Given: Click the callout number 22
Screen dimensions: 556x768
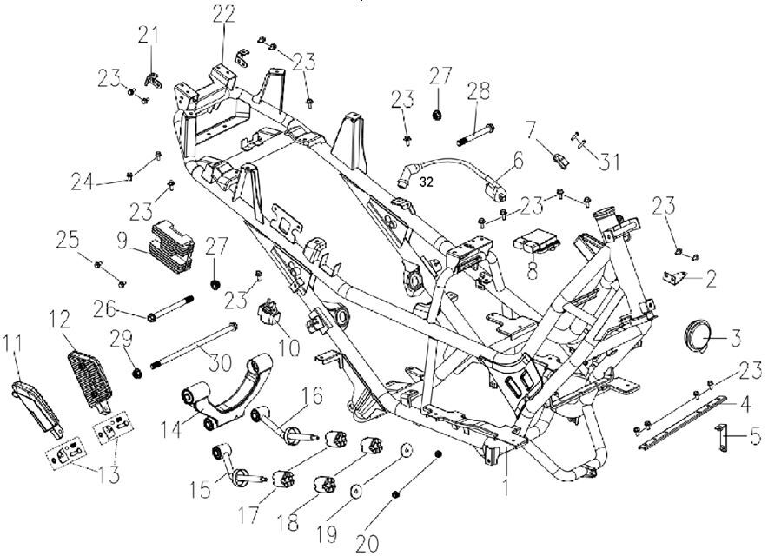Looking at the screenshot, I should (224, 15).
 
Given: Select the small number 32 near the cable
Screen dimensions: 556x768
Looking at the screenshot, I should (426, 182).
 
